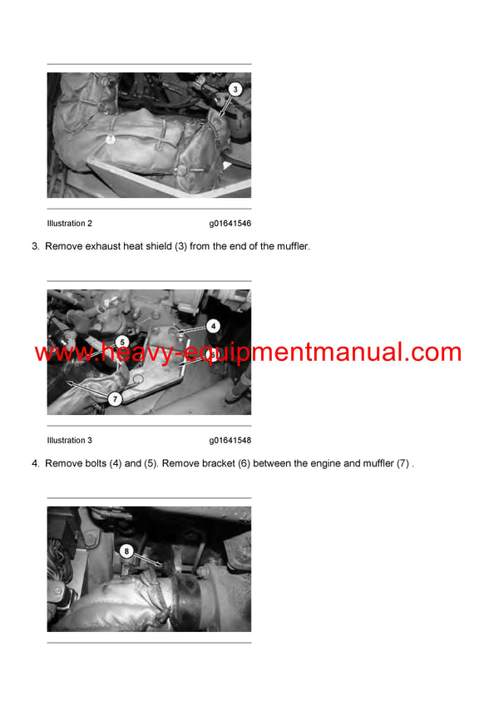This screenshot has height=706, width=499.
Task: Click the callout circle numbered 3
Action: [235, 89]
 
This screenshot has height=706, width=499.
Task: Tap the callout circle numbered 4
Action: [213, 327]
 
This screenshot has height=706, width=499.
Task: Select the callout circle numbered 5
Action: [121, 342]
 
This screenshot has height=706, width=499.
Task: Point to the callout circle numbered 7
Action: [116, 399]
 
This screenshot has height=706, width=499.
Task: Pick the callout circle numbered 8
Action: [126, 550]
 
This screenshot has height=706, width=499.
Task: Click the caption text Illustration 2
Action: [70, 224]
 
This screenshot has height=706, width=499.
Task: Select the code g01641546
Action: [230, 224]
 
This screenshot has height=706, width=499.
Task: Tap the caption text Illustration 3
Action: [70, 441]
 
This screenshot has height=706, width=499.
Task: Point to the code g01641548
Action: [230, 441]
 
